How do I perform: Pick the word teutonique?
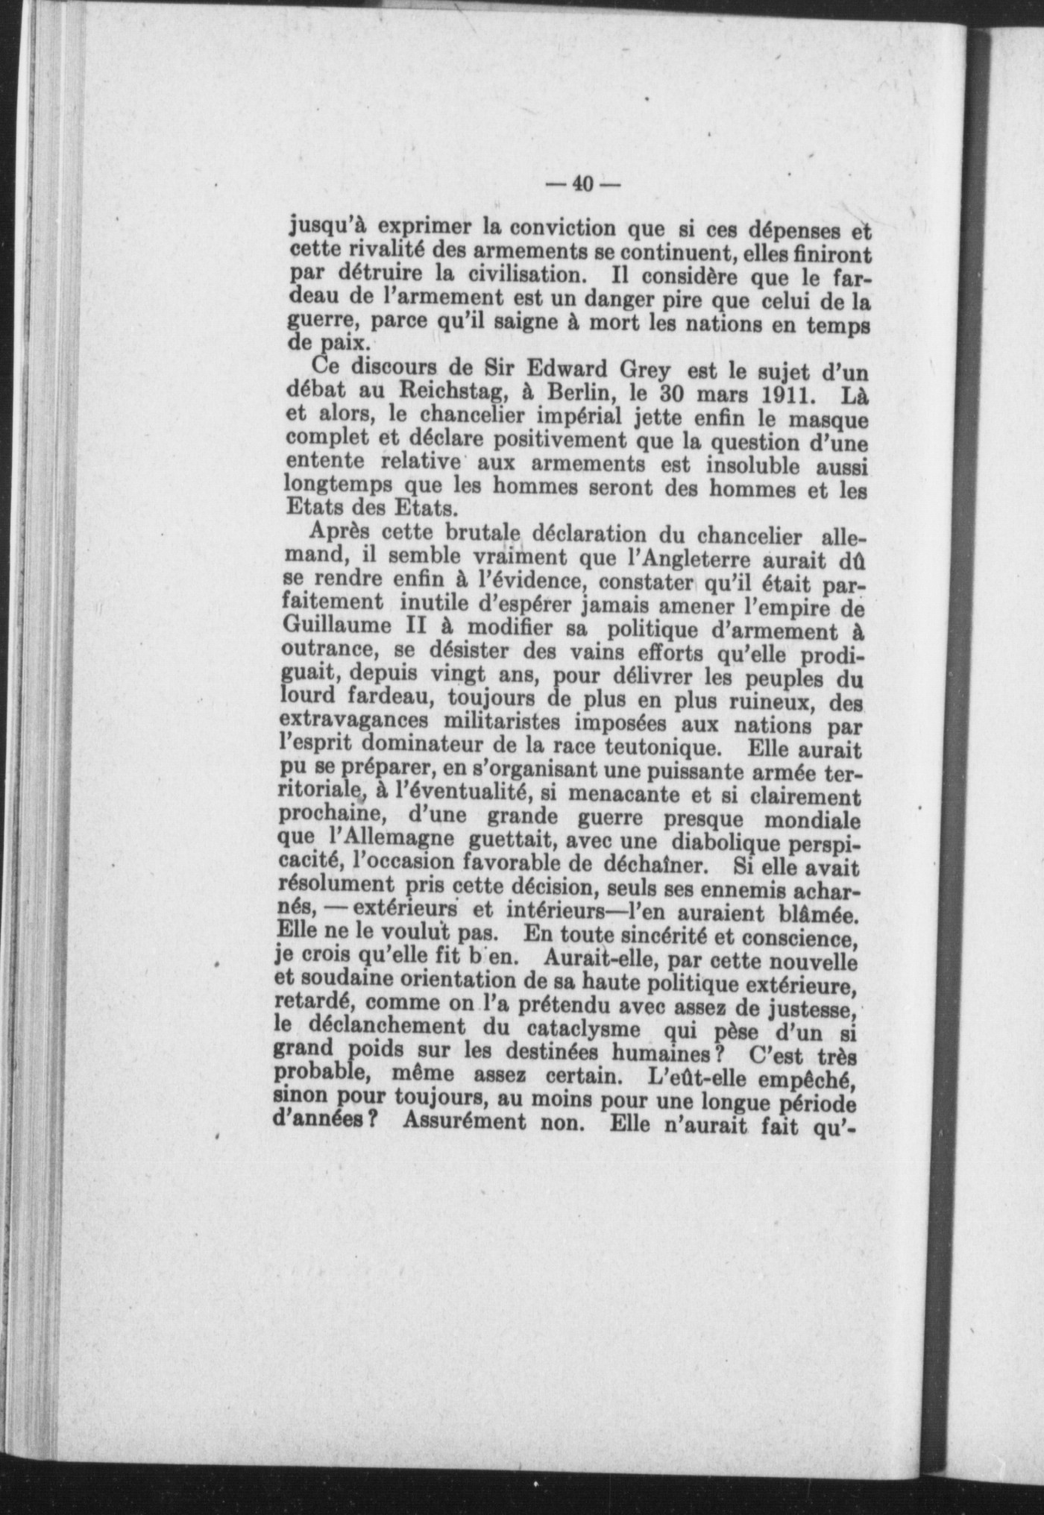tap(658, 745)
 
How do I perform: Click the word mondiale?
tap(814, 820)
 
